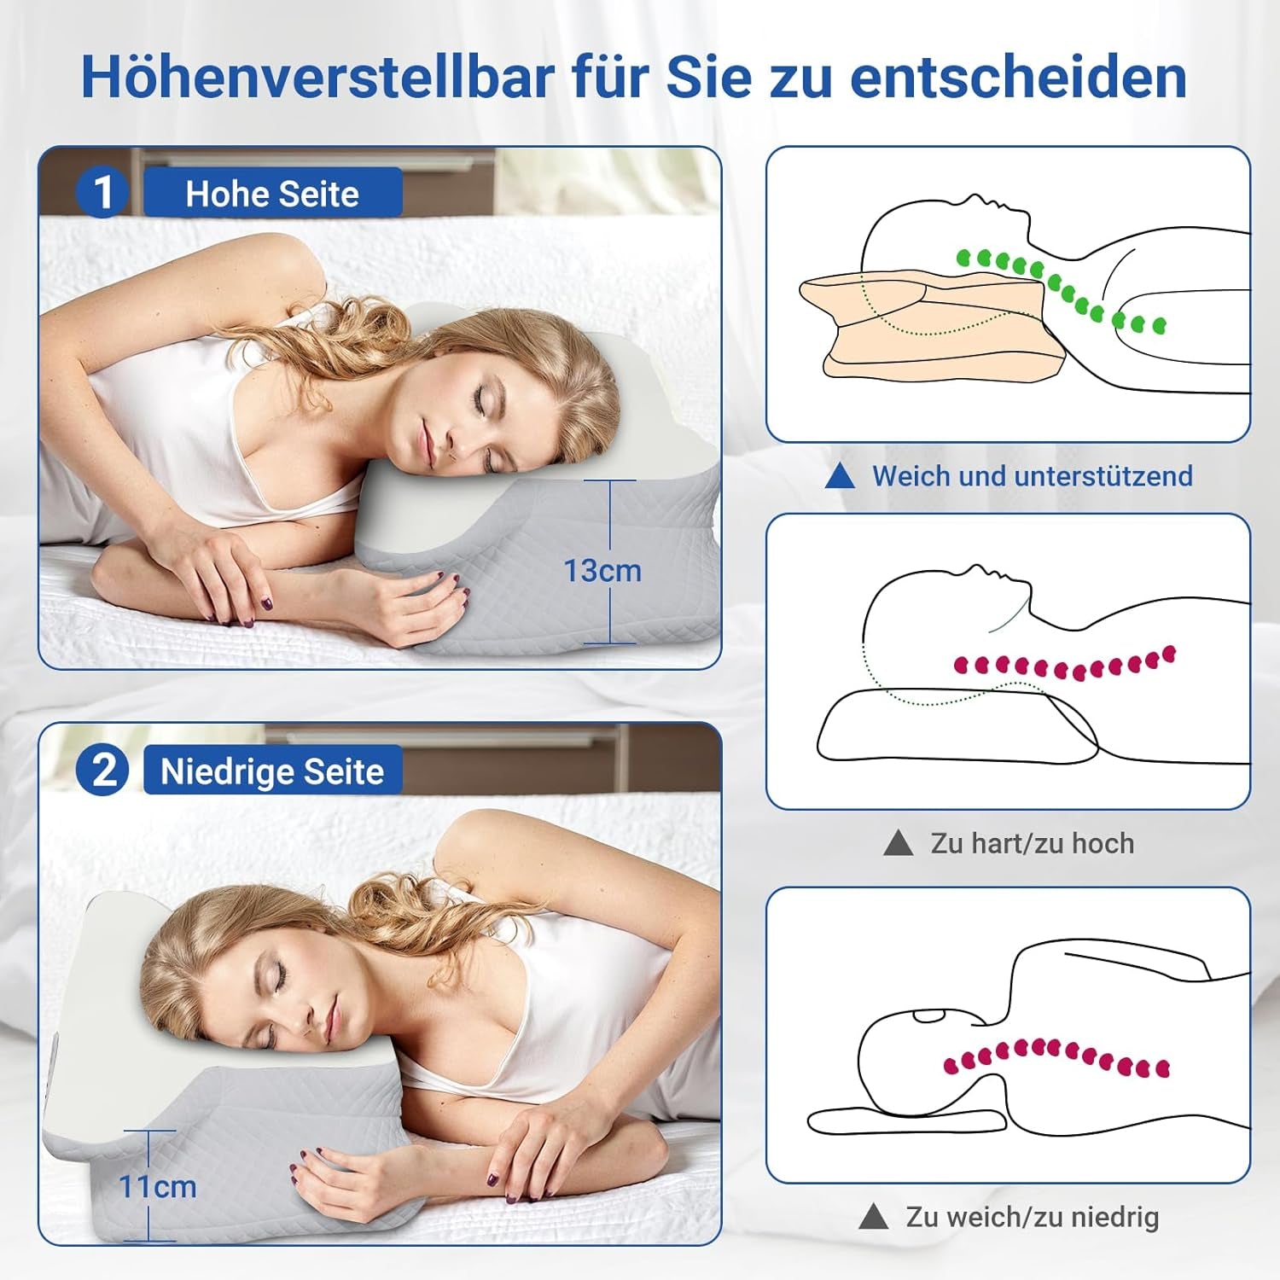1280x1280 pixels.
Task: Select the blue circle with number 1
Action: coord(102,192)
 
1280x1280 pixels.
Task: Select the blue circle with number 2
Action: coord(102,771)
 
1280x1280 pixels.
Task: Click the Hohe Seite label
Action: coord(272,194)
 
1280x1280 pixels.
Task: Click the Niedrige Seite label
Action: coord(272,771)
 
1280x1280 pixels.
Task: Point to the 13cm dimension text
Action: coord(602,571)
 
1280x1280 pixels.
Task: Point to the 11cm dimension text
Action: coord(158,1186)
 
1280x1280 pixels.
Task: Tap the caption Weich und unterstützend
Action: coord(1032,476)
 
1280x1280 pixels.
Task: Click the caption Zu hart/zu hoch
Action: coord(1032,843)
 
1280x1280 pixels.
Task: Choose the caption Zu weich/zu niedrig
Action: coord(1032,1217)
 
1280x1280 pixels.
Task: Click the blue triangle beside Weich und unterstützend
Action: coord(841,476)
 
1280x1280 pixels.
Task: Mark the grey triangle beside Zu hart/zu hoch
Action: coord(898,843)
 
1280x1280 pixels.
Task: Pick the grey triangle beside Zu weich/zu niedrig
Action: coord(873,1217)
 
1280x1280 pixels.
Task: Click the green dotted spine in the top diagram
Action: coord(1058,286)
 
